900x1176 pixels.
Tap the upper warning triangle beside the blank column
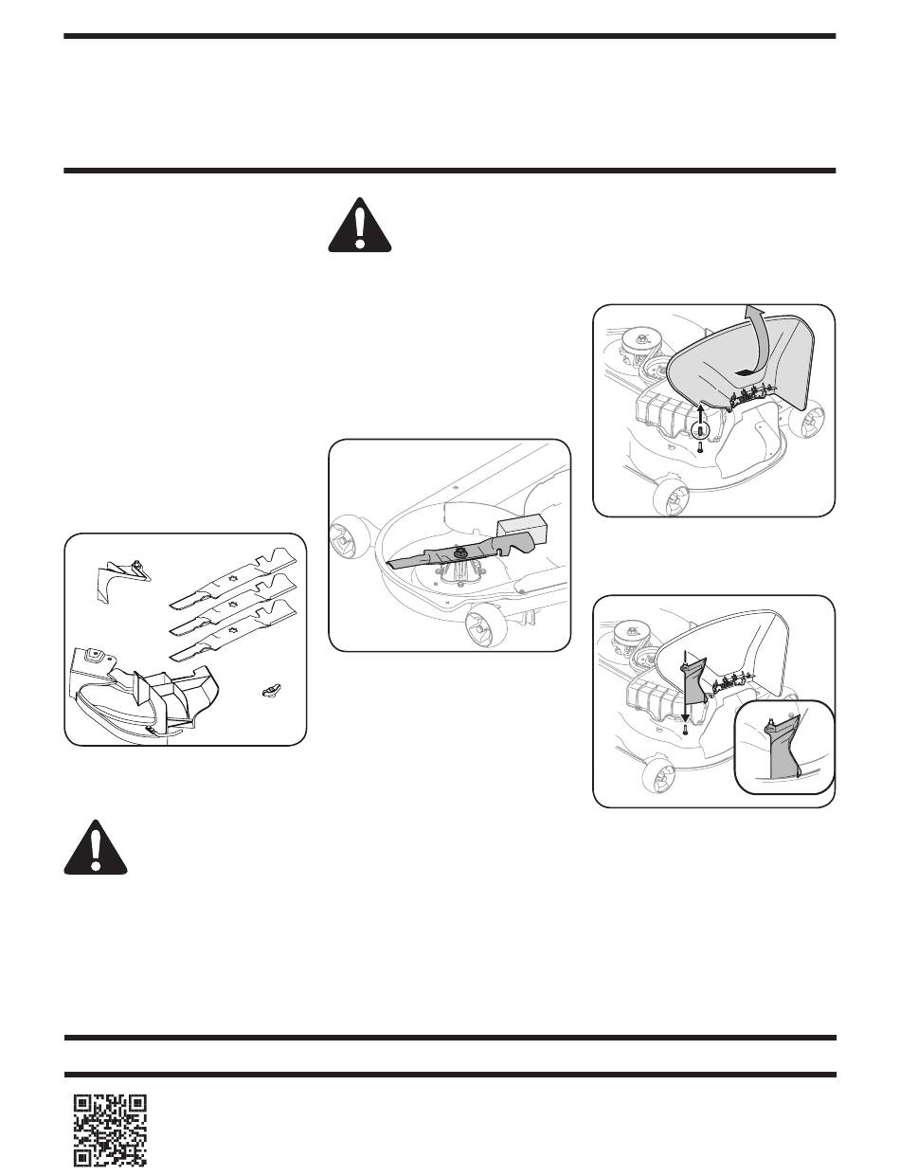click(x=359, y=226)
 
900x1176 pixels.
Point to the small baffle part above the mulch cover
click(x=121, y=577)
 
